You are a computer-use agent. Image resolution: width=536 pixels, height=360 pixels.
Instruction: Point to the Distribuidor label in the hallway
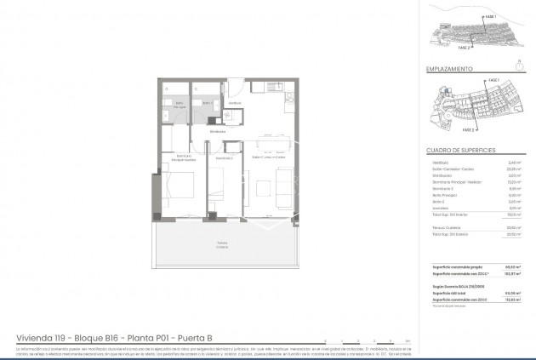(218, 132)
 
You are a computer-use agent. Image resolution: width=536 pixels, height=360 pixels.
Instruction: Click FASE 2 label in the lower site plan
(468, 131)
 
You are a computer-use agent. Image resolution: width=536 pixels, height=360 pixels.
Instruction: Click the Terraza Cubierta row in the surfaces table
(442, 227)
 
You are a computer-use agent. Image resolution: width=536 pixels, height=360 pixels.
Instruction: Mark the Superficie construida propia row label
(451, 266)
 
